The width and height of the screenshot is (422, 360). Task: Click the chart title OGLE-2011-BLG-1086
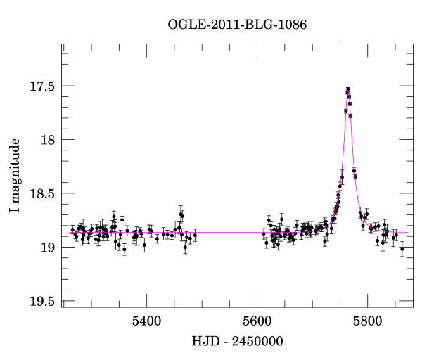tap(237, 25)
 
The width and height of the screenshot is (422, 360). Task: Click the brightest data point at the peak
tap(347, 89)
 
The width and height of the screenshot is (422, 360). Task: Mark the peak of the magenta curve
tap(347, 91)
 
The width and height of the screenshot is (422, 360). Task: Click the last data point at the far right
tap(402, 249)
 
